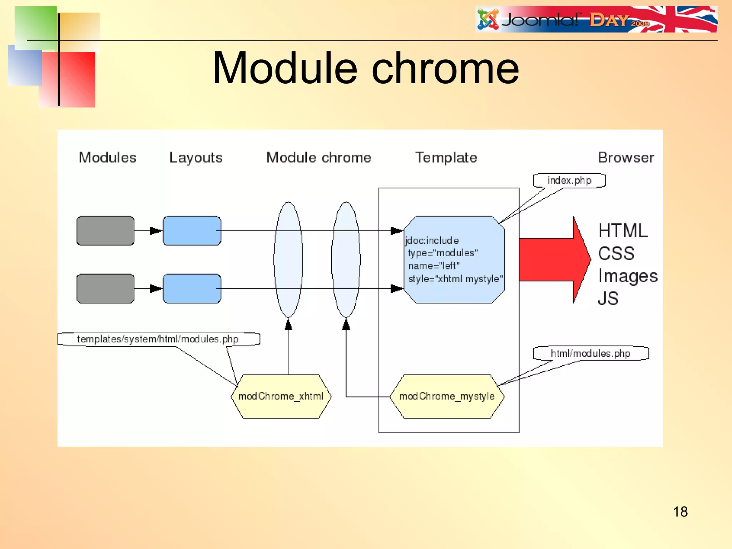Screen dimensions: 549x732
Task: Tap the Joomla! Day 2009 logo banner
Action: [596, 20]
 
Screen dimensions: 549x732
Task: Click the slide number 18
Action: [680, 511]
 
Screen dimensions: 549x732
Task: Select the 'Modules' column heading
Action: [107, 158]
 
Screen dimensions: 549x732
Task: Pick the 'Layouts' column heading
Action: [196, 158]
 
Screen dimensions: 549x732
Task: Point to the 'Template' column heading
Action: [446, 158]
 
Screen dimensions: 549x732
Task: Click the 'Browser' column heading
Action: [625, 158]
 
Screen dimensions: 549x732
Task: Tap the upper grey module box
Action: [105, 231]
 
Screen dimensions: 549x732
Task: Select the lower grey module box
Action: [105, 288]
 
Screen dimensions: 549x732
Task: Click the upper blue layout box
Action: [192, 231]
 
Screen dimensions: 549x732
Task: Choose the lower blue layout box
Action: [192, 288]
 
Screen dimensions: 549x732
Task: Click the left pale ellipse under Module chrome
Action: [288, 259]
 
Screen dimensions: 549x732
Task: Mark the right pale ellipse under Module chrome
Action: [346, 259]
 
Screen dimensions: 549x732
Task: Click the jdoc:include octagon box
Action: [454, 259]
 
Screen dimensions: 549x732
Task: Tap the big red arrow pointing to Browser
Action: [554, 260]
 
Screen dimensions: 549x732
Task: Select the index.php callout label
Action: [569, 180]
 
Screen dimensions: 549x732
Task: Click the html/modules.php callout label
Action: [590, 353]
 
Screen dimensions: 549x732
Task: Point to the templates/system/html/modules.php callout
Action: [158, 339]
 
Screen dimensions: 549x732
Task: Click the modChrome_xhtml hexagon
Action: [281, 396]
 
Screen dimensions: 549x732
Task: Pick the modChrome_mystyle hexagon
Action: [447, 396]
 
